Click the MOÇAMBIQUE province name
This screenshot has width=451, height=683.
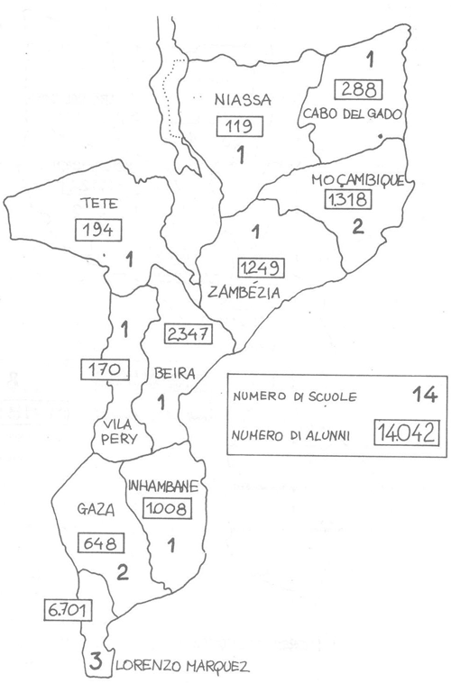[356, 179]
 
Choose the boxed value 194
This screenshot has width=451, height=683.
[97, 230]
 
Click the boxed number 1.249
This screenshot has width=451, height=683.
[261, 268]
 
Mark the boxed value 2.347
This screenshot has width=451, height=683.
[189, 333]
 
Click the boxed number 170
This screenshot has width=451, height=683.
[106, 368]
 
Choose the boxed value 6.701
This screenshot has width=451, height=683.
[68, 610]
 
